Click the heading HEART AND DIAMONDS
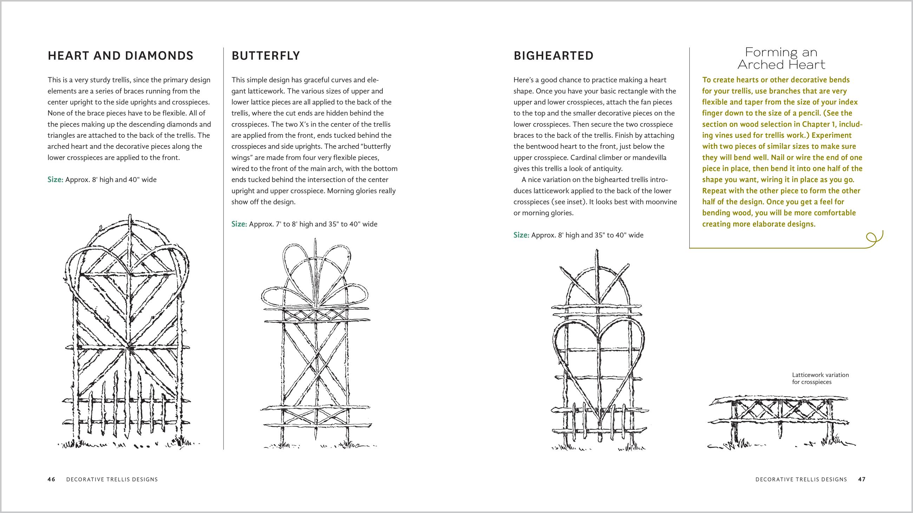point(120,56)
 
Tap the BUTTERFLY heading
point(266,56)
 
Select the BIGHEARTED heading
point(553,56)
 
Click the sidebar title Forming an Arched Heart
point(781,59)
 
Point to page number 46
point(51,479)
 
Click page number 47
point(862,479)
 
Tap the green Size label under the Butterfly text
point(239,224)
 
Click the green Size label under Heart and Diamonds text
point(55,180)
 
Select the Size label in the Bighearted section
point(521,235)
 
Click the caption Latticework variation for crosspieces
point(820,378)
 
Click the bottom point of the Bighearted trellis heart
point(599,424)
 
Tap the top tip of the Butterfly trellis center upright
point(315,240)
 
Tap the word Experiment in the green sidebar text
point(832,135)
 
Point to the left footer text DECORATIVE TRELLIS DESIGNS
point(112,479)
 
